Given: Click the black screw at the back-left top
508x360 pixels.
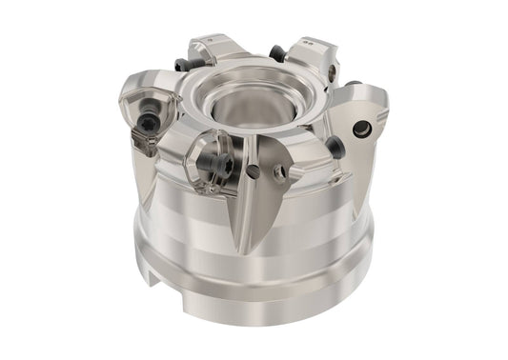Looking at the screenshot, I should [x=182, y=65].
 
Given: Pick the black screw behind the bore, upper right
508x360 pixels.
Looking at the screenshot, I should [x=276, y=54].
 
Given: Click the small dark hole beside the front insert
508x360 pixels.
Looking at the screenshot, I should [x=252, y=171].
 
